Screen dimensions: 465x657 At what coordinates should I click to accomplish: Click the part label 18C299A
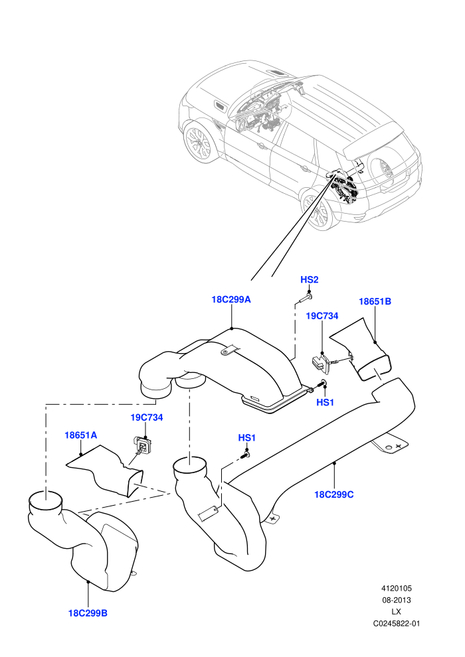(x=231, y=299)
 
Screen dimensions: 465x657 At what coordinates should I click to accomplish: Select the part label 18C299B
(x=88, y=613)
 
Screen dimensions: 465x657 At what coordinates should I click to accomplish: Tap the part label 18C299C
(x=333, y=494)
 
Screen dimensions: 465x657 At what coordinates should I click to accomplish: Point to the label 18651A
(x=80, y=435)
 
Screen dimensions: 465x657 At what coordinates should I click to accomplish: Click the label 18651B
(x=375, y=301)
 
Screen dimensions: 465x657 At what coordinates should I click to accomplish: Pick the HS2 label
(x=310, y=279)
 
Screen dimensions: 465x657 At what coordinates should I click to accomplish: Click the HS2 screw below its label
(x=306, y=298)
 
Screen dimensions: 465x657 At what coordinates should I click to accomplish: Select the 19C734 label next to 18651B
(x=322, y=315)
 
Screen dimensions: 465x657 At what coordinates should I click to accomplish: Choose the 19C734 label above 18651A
(x=147, y=417)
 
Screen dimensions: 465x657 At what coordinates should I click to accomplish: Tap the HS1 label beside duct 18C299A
(x=325, y=402)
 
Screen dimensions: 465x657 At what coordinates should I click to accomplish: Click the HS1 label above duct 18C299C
(x=247, y=438)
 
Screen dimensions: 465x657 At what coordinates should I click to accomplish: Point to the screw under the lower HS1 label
(x=245, y=455)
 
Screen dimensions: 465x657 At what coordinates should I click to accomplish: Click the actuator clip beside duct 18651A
(x=143, y=444)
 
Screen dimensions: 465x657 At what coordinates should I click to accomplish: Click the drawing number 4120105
(x=396, y=588)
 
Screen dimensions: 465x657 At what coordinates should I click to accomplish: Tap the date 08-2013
(x=396, y=600)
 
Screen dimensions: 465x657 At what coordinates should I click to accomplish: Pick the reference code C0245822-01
(x=396, y=623)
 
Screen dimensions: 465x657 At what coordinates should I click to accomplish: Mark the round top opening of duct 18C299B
(x=45, y=500)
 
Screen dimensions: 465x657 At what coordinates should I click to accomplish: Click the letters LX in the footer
(x=396, y=612)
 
